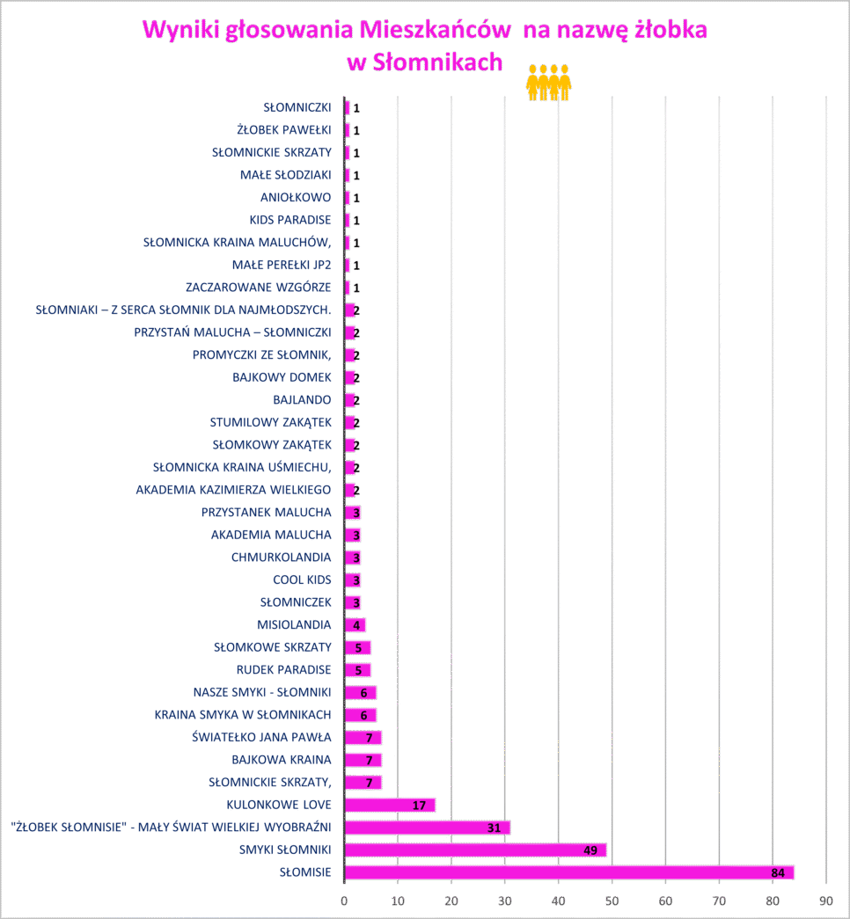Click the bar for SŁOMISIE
[569, 872]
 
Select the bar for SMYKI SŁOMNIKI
[475, 850]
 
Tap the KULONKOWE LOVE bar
[390, 805]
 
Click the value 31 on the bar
[494, 828]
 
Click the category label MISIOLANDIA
[294, 625]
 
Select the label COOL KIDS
[302, 580]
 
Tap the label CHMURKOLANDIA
[281, 558]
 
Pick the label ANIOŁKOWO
[296, 197]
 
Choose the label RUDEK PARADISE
[283, 670]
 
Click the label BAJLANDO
[302, 400]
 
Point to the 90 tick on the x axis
[825, 901]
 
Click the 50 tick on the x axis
[612, 901]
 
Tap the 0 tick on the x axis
[344, 901]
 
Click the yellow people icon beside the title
[549, 83]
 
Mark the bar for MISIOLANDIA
[355, 625]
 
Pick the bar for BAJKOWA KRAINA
[363, 760]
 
